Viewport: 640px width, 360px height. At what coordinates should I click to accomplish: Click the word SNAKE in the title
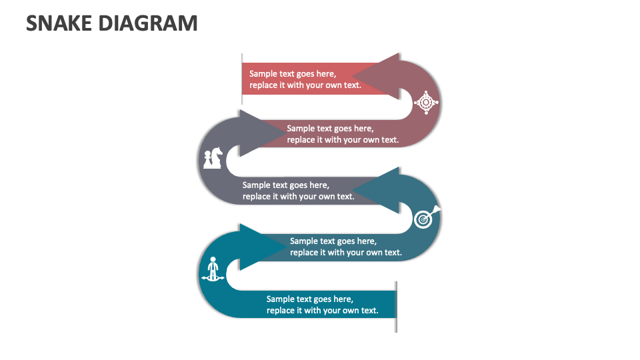59,23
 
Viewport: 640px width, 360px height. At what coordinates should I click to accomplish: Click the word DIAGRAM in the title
148,23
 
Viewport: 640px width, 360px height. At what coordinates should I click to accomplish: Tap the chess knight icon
213,158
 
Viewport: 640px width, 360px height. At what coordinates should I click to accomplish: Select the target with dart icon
426,217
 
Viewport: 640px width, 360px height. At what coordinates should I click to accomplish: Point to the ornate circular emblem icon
426,103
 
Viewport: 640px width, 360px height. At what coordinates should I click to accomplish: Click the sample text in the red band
305,79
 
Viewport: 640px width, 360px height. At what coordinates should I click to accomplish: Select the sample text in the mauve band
343,134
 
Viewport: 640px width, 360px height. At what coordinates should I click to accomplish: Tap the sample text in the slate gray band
298,191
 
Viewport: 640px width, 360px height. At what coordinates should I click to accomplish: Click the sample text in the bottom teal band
322,305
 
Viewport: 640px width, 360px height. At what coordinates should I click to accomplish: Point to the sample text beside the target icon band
345,247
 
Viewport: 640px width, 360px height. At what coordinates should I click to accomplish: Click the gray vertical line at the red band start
242,79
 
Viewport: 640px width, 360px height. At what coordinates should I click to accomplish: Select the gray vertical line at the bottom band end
396,306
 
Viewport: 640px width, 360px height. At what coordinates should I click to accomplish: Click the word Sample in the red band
263,74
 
